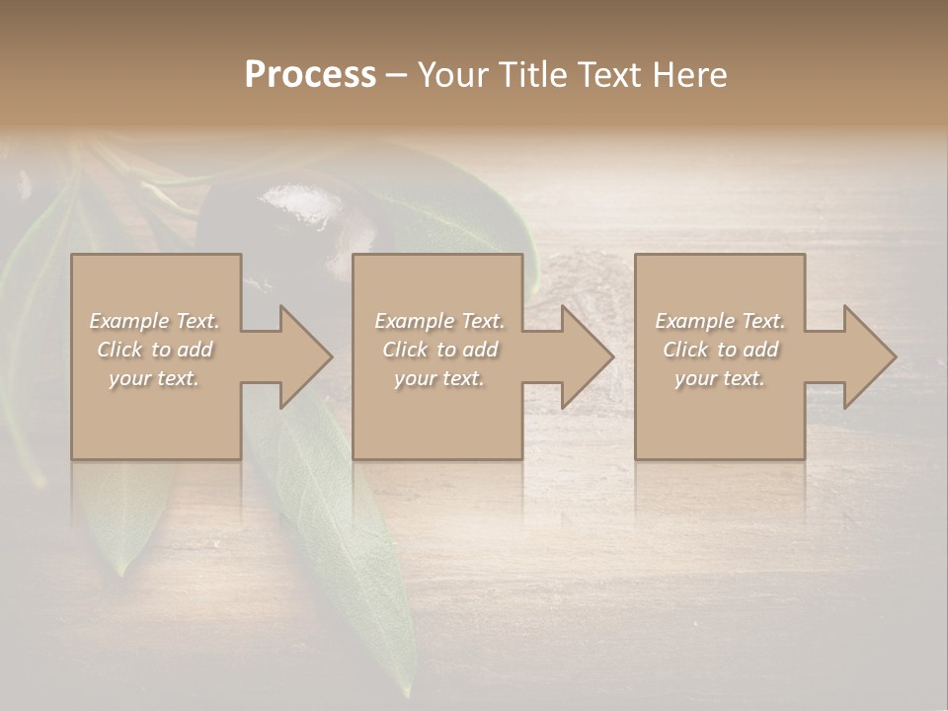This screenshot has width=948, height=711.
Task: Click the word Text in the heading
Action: pos(609,75)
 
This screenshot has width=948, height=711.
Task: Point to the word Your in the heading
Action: pos(454,75)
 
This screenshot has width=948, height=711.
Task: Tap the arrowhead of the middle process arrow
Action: pos(587,356)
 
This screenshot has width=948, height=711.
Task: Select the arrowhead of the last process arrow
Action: pos(869,356)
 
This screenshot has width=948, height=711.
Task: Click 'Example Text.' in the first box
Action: pos(155,321)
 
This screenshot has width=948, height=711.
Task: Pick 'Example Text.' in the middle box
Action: pos(439,321)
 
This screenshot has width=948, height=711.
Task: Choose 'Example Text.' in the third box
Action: pos(720,321)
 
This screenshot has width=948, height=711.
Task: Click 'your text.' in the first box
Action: pos(154,378)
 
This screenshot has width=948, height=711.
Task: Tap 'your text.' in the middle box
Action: pos(439,378)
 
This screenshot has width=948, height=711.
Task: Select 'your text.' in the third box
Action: pos(720,378)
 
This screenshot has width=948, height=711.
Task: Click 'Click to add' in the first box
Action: pos(155,350)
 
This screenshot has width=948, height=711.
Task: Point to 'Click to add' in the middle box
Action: pos(439,350)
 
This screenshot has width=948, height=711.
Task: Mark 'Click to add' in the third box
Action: pos(720,350)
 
